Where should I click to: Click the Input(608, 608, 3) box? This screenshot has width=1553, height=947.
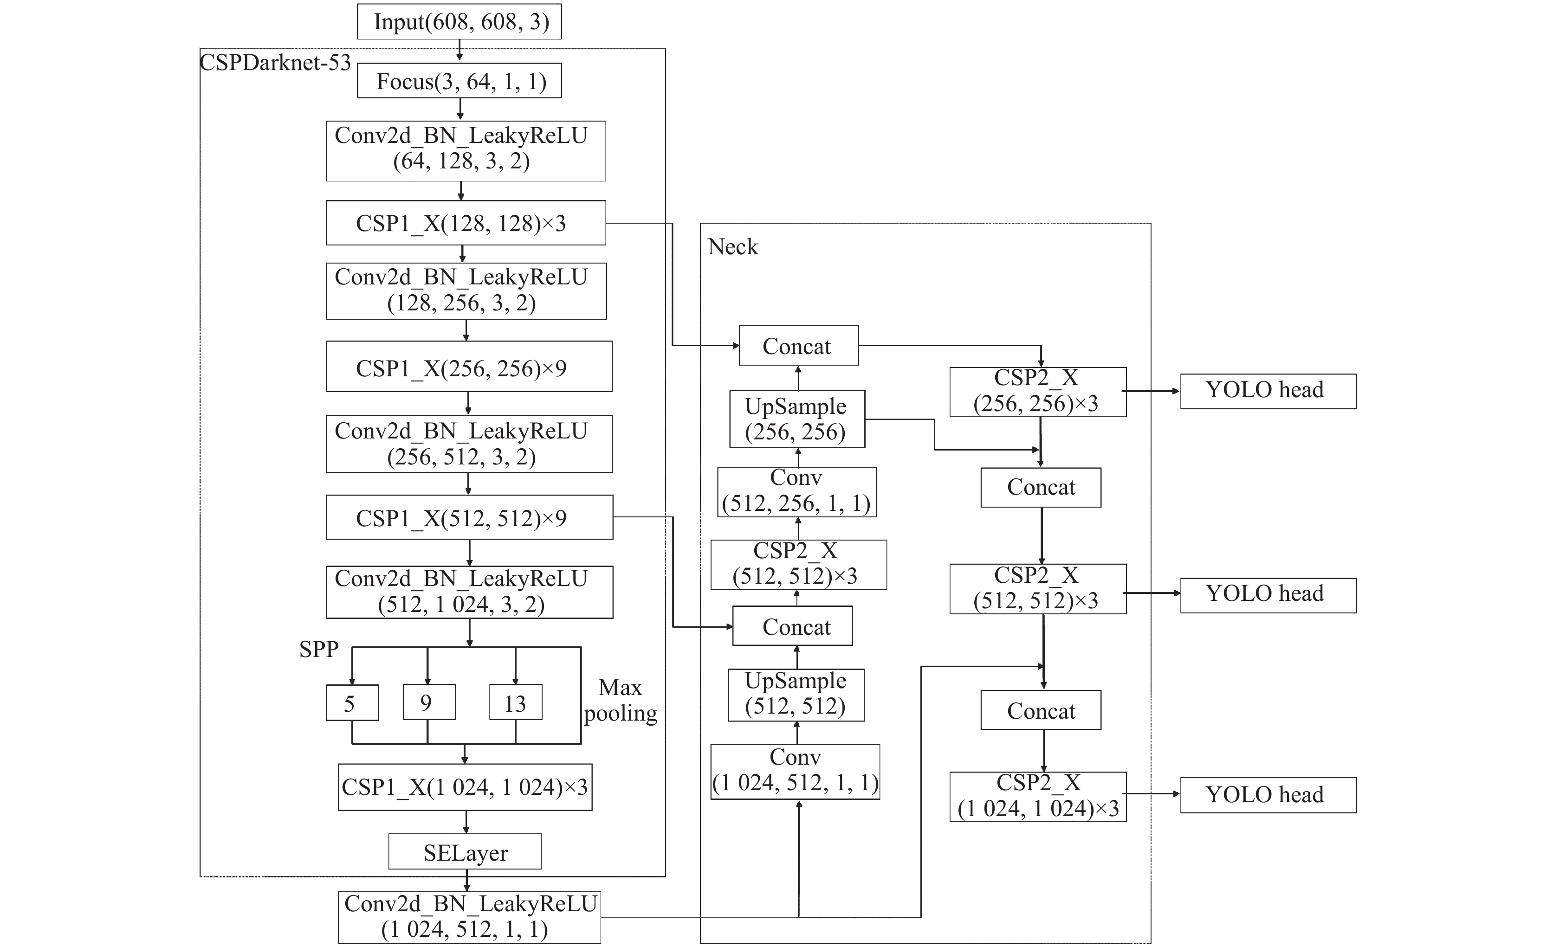tap(459, 21)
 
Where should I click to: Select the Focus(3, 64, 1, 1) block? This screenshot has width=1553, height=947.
tap(459, 81)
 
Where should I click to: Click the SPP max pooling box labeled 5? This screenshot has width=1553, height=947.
tap(352, 702)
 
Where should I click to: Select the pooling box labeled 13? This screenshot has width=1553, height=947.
tap(516, 702)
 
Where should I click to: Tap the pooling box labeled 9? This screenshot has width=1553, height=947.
tap(429, 702)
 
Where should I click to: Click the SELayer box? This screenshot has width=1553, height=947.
tap(465, 852)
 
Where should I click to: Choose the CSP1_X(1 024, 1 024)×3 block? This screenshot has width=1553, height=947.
tap(465, 787)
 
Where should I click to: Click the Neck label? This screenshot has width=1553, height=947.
tap(732, 246)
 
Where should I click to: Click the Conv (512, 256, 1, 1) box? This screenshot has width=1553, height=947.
tap(796, 492)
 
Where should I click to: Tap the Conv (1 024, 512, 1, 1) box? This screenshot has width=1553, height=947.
tap(796, 772)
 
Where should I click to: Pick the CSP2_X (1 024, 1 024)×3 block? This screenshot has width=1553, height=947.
tap(1038, 796)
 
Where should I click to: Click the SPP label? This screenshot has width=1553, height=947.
tap(319, 649)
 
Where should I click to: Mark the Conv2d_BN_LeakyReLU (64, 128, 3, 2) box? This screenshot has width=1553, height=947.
tap(466, 151)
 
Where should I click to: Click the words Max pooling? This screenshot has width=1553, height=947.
tap(620, 700)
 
